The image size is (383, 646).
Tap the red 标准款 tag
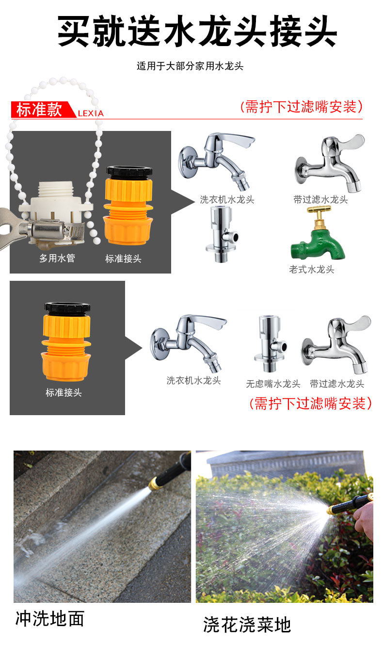40,110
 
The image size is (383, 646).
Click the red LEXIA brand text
91,113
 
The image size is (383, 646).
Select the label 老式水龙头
312,269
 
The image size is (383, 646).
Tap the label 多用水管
57,258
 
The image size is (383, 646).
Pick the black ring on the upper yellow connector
129,172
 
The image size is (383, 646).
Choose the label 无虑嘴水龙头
273,384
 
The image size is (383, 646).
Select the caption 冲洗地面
50,618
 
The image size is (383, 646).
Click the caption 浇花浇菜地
247,625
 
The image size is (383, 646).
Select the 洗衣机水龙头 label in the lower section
193,381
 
